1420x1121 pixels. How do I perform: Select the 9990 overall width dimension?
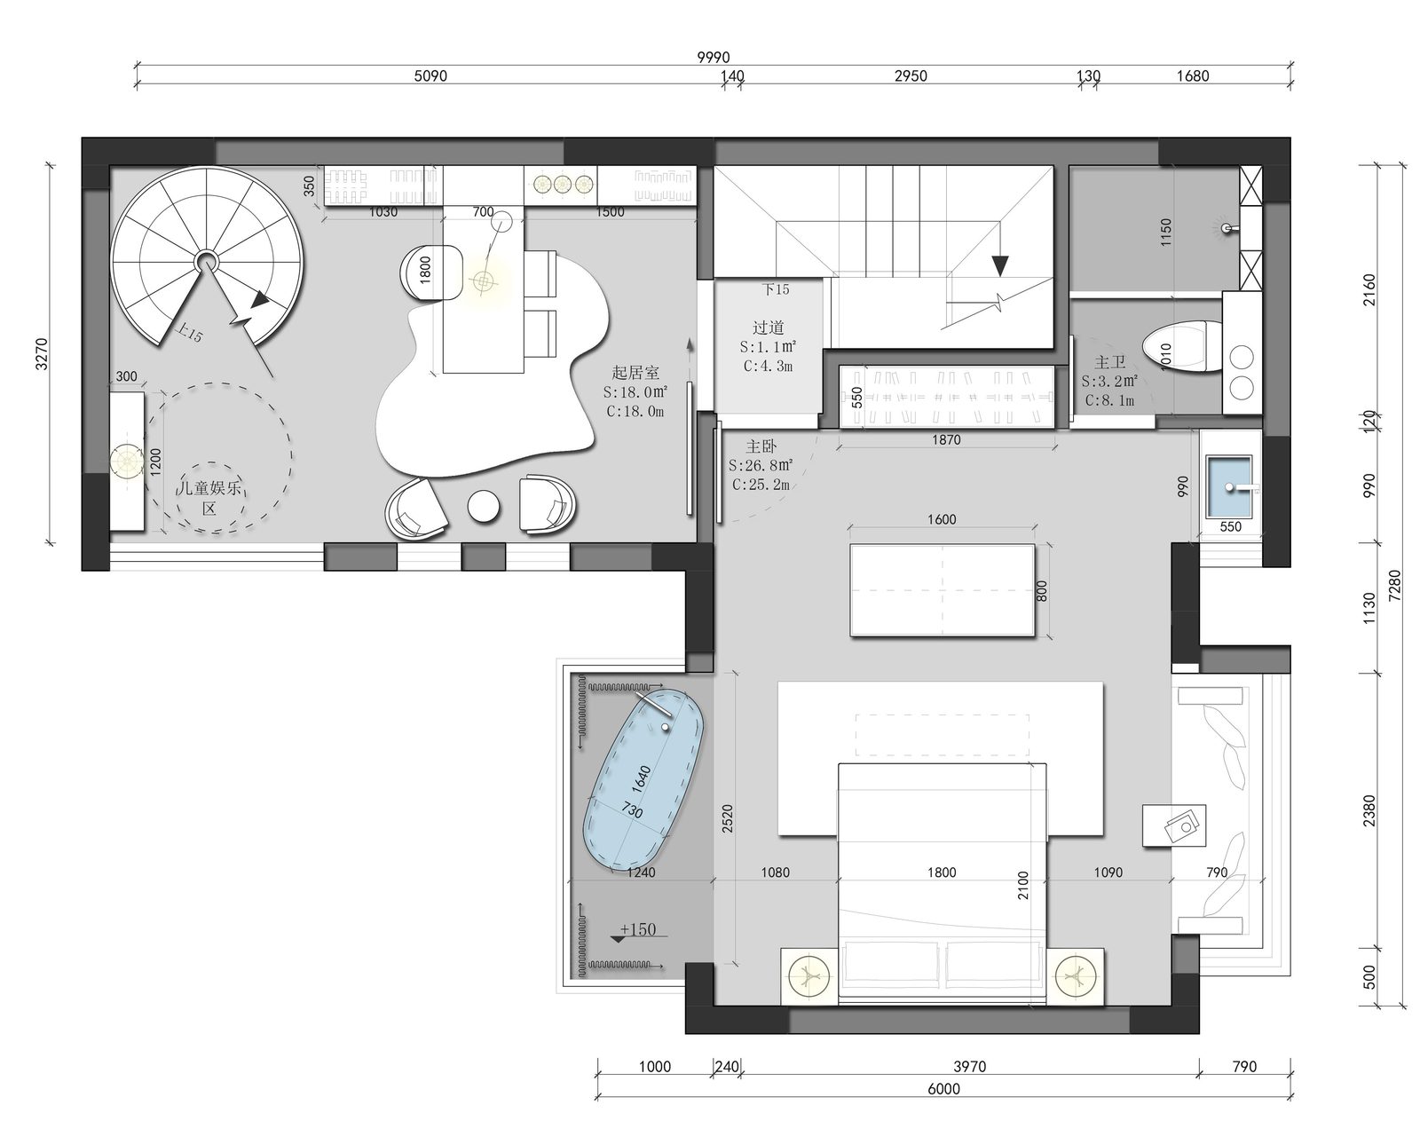[x=714, y=58]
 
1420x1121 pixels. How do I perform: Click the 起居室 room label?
[x=635, y=373]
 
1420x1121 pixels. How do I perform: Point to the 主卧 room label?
[x=761, y=446]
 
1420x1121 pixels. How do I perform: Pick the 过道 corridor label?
[x=768, y=328]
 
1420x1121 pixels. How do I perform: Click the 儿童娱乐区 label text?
[x=209, y=498]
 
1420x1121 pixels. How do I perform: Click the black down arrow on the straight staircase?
[x=1000, y=265]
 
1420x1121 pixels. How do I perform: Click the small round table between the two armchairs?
[x=484, y=507]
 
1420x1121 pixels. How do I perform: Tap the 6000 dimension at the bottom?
[x=943, y=1089]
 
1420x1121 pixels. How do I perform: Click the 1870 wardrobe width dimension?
[x=946, y=440]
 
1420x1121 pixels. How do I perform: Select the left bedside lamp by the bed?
[x=809, y=975]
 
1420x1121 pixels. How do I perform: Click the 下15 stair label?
[x=776, y=289]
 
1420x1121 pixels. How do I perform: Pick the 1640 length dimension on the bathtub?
[x=641, y=779]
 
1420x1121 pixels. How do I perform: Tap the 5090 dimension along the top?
[x=430, y=76]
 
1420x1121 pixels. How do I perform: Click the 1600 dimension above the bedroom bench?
[x=942, y=519]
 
